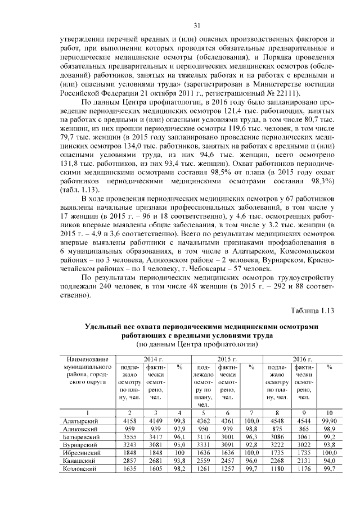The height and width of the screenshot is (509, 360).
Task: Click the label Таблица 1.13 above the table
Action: (312, 310)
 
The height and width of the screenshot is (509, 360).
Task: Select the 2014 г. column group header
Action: (153, 359)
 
